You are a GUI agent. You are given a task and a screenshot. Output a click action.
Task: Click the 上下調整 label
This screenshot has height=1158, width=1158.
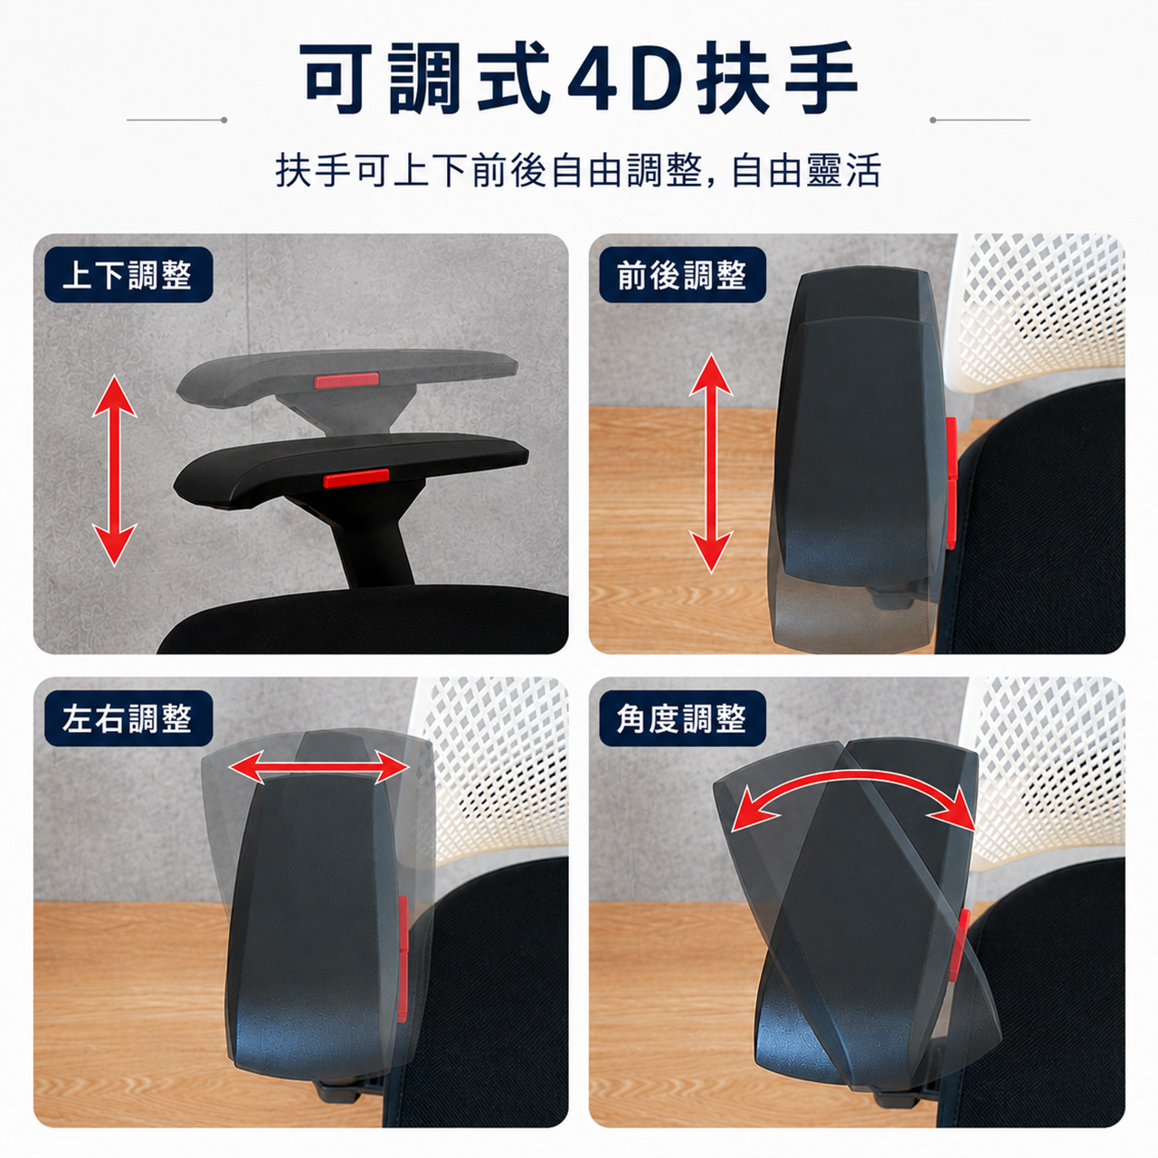pos(127,275)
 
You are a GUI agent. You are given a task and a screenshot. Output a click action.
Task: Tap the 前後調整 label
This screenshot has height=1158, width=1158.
pos(682,275)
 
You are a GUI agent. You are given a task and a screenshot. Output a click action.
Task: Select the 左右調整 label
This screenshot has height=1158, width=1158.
pos(127,718)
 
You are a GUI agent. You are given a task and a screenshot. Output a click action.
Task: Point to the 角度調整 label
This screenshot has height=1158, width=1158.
pos(682,718)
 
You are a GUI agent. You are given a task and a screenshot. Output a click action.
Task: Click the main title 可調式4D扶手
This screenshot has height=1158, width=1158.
pos(581,78)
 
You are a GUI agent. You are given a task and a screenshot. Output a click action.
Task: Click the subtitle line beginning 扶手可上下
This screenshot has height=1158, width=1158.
pos(578,170)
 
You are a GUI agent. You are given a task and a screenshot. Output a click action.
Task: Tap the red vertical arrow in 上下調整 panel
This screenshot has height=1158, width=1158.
pos(114,470)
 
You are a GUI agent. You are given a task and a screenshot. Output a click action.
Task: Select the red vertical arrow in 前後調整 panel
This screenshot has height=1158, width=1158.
pos(711,463)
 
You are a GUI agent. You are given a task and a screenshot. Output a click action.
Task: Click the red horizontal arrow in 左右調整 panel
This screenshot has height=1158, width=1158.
pos(319,768)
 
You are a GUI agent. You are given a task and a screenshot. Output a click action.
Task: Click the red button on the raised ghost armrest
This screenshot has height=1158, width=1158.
pos(346,380)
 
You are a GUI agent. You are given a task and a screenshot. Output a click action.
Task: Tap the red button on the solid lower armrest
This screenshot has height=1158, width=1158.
pos(356,478)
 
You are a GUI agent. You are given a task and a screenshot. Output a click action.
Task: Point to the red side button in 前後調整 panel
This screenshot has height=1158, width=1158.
pos(951,484)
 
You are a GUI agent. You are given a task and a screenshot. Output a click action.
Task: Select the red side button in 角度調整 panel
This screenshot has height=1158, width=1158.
pos(960,953)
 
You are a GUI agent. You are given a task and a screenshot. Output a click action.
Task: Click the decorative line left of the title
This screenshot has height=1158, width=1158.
pos(176,119)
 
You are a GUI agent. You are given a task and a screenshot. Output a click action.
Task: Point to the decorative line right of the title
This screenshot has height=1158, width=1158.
pos(980,119)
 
